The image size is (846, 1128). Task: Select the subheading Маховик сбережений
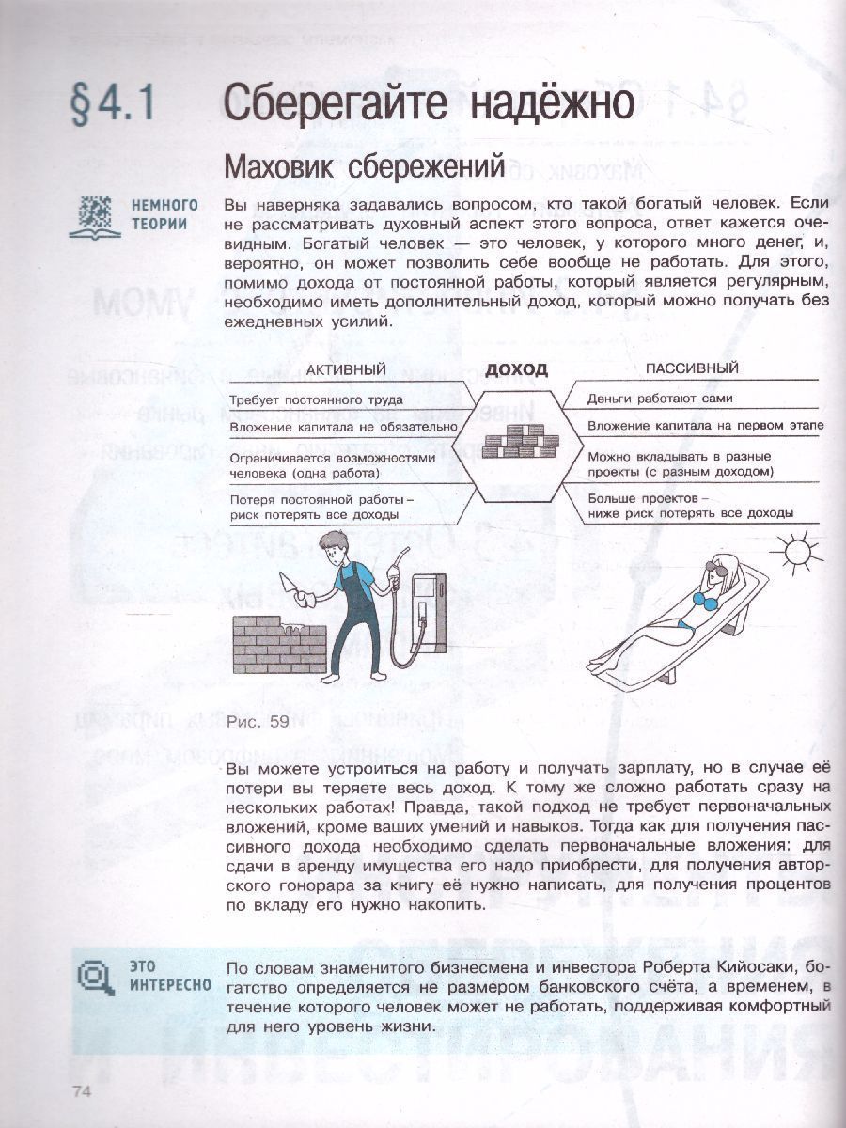click(364, 166)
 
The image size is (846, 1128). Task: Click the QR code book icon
click(94, 215)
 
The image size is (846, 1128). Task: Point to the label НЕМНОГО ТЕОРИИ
click(164, 214)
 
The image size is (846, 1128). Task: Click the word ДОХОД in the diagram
click(516, 369)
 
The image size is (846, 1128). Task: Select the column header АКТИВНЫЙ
click(346, 369)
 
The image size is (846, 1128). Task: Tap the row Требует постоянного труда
click(317, 399)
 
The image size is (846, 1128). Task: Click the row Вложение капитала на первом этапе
click(705, 426)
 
